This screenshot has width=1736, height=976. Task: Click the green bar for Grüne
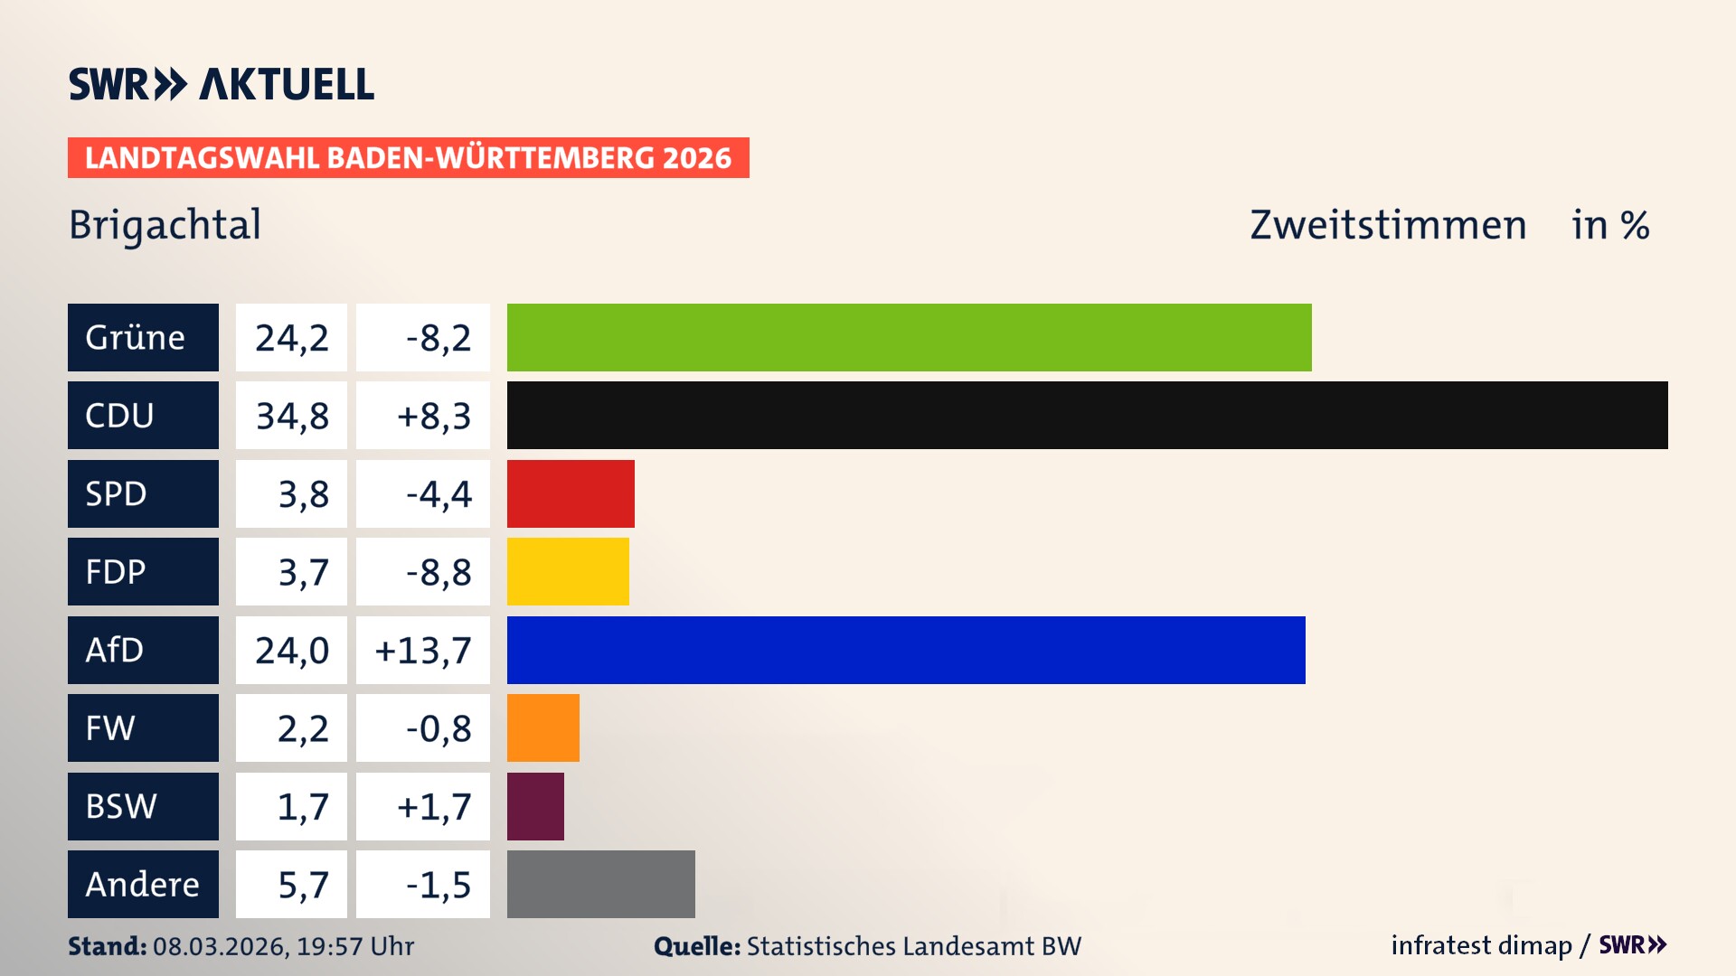tap(909, 337)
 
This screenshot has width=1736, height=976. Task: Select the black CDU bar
tap(1087, 415)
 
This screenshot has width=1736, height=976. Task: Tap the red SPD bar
tap(571, 493)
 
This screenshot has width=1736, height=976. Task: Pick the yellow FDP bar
tap(568, 571)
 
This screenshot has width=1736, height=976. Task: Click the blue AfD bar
tap(906, 650)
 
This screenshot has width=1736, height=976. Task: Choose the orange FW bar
tap(542, 727)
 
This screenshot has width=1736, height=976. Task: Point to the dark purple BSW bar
tap(535, 806)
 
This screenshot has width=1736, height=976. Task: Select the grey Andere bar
tap(600, 884)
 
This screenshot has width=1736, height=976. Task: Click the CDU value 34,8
tap(291, 416)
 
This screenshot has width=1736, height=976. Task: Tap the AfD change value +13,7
tap(423, 651)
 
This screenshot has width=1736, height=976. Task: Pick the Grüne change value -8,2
tap(439, 338)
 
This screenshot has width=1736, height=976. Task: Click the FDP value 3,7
tap(303, 572)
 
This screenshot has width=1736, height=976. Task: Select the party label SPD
tap(116, 494)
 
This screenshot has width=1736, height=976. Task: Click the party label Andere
tap(142, 885)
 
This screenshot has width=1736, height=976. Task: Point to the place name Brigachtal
tap(165, 225)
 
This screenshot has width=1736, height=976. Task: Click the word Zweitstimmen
tap(1388, 225)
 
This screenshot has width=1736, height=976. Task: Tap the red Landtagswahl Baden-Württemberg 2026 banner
tap(408, 158)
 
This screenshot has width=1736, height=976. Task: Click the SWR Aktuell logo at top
tap(222, 84)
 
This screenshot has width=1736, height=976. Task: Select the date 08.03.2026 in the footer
tap(220, 946)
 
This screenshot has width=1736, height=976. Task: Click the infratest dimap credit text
tap(1481, 945)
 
